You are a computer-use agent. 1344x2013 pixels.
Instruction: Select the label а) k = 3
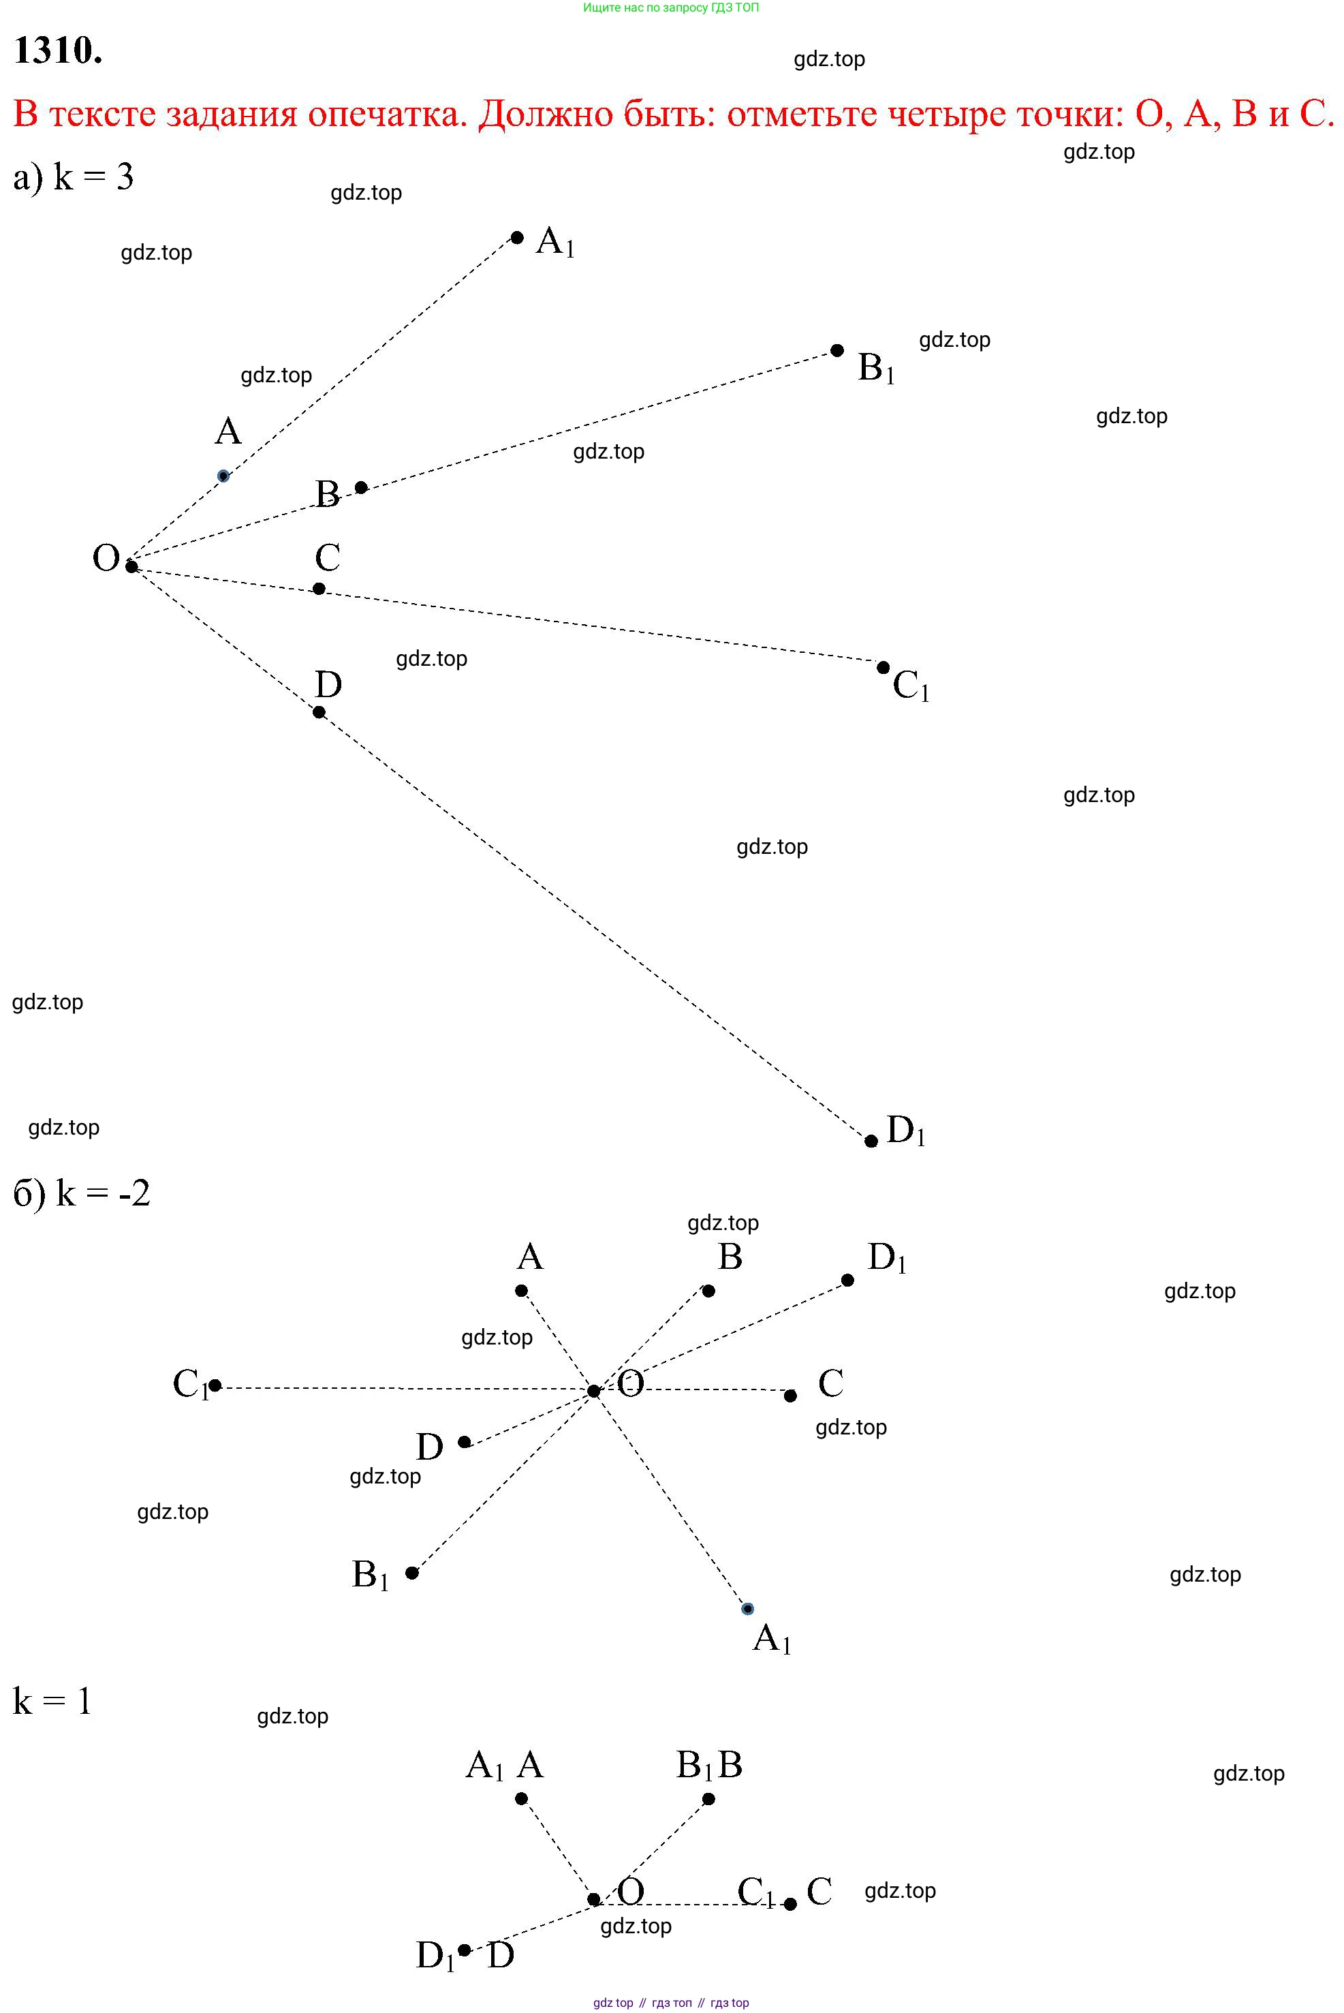74,176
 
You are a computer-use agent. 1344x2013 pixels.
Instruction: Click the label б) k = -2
82,1193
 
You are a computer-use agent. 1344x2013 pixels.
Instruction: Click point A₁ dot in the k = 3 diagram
517,237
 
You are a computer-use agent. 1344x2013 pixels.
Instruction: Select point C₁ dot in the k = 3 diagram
884,668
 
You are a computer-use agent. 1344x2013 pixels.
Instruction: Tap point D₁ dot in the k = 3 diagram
871,1141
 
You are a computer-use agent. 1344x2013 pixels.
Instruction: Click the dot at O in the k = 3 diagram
131,566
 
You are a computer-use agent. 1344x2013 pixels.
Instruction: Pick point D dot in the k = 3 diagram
319,712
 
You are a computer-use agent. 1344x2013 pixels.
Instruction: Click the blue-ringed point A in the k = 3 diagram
223,476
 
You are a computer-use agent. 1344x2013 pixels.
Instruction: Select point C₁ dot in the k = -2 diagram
215,1385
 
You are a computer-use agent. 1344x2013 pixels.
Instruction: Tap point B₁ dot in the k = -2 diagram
412,1572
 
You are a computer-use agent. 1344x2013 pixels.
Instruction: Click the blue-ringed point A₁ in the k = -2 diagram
747,1608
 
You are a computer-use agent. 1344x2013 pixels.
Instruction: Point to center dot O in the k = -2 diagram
594,1391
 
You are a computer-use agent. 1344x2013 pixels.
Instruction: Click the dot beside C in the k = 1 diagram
790,1904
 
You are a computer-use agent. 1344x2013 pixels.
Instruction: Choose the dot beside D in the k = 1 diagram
465,1950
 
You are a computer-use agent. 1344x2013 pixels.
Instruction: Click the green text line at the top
671,7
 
